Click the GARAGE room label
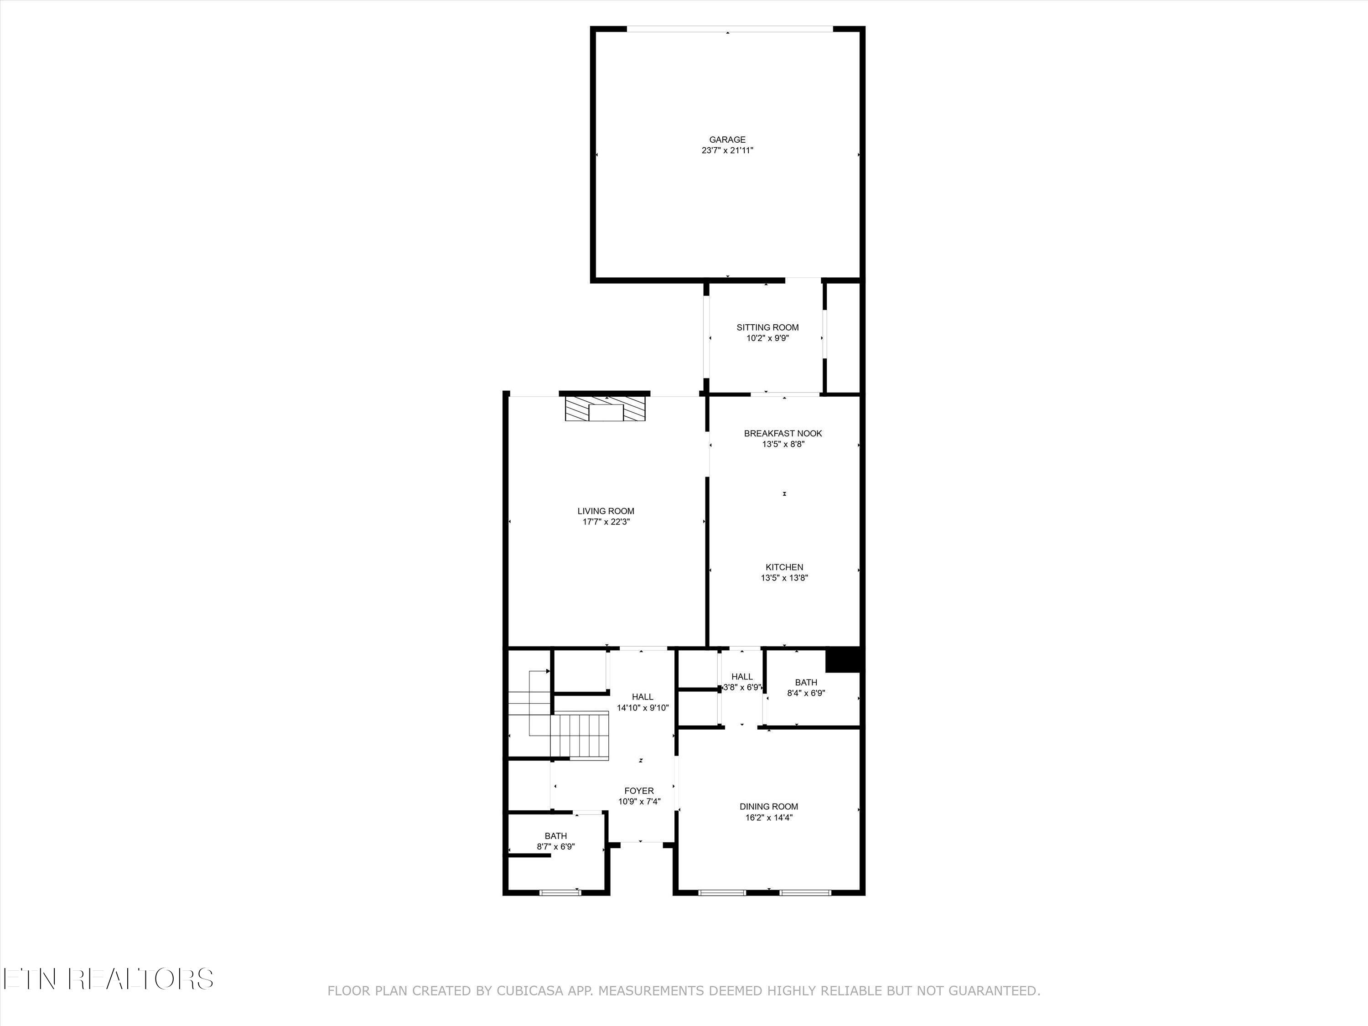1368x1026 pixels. click(727, 140)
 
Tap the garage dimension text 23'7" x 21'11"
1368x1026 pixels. click(727, 150)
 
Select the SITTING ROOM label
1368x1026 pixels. click(767, 327)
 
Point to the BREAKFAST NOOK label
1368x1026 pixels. click(782, 434)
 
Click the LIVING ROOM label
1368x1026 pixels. click(606, 511)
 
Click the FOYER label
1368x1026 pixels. click(639, 791)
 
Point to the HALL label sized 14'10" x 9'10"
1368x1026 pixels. click(642, 697)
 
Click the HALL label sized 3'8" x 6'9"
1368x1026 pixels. click(741, 677)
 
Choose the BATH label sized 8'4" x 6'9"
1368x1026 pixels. click(805, 683)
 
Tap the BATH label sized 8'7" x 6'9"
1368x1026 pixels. click(555, 836)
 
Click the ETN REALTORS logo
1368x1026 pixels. click(108, 979)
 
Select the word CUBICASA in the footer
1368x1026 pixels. click(529, 991)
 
